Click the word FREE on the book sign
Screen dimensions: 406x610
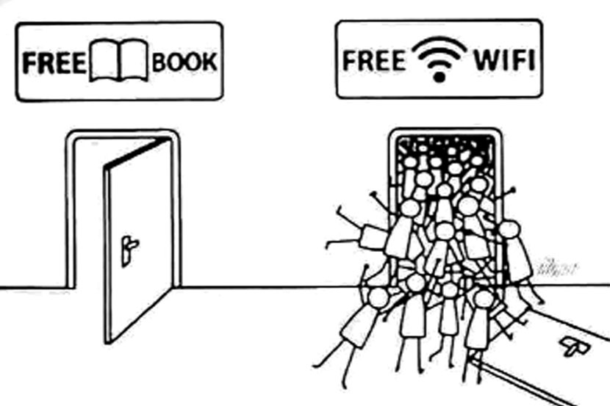[x=52, y=62]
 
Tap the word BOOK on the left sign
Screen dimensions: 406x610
[x=184, y=62]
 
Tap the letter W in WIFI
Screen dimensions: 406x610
[x=483, y=61]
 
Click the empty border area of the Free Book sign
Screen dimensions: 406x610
[x=118, y=90]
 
